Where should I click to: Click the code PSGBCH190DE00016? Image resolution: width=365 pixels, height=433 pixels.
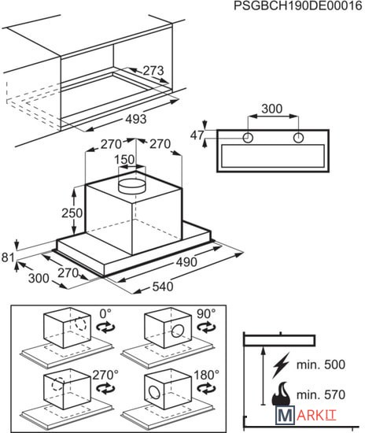pyautogui.click(x=297, y=6)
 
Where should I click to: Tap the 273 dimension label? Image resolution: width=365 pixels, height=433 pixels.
pyautogui.click(x=153, y=71)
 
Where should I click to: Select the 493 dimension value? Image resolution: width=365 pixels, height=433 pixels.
pyautogui.click(x=136, y=119)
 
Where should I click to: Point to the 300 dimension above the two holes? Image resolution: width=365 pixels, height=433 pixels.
pyautogui.click(x=272, y=109)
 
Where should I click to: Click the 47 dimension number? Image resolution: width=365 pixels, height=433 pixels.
pyautogui.click(x=197, y=135)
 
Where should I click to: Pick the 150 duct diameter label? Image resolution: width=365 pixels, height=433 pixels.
pyautogui.click(x=125, y=159)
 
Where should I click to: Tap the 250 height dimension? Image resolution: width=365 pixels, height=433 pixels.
pyautogui.click(x=72, y=213)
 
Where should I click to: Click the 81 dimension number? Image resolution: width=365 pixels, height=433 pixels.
pyautogui.click(x=8, y=257)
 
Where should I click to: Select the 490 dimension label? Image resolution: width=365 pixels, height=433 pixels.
pyautogui.click(x=186, y=262)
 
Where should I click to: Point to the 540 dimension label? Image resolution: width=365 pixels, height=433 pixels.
pyautogui.click(x=163, y=287)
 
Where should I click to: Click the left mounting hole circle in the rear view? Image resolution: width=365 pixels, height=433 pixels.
pyautogui.click(x=248, y=138)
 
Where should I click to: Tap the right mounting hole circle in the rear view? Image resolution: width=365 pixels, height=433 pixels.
pyautogui.click(x=298, y=138)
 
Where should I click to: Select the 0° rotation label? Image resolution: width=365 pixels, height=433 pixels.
pyautogui.click(x=105, y=313)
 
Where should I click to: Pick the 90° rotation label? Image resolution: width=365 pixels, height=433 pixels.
pyautogui.click(x=206, y=313)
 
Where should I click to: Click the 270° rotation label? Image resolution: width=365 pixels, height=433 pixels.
pyautogui.click(x=105, y=375)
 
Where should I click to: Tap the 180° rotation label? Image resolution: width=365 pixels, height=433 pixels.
pyautogui.click(x=207, y=375)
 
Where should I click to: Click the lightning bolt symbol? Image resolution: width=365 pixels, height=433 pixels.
pyautogui.click(x=281, y=365)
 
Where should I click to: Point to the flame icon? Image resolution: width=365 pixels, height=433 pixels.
pyautogui.click(x=281, y=394)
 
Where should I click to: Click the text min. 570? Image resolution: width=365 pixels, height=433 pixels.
pyautogui.click(x=321, y=394)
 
